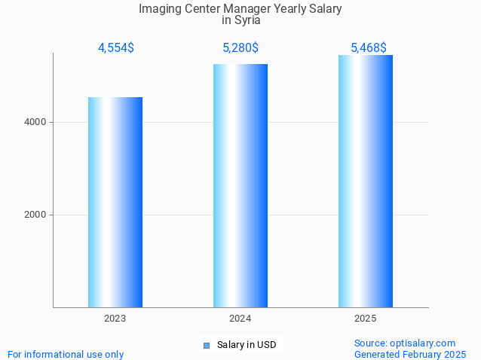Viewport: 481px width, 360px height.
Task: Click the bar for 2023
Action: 115,202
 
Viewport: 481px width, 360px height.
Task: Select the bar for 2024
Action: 240,185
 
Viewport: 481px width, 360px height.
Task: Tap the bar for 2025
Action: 366,181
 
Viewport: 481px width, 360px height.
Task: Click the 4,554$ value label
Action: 115,48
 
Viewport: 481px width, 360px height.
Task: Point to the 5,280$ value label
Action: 240,48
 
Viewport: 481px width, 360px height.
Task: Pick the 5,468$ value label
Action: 369,48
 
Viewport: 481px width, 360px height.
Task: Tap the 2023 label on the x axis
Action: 115,319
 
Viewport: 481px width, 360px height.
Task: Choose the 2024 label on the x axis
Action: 240,319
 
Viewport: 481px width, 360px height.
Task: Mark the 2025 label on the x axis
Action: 366,319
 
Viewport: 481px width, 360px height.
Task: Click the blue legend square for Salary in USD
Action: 207,346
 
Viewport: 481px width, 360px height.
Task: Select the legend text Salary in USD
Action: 247,346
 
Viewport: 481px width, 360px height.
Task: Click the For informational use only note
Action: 66,354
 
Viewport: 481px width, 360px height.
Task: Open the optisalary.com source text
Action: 405,343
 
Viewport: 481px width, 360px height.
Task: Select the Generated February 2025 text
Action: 409,354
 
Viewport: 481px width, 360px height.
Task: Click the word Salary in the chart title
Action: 323,9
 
